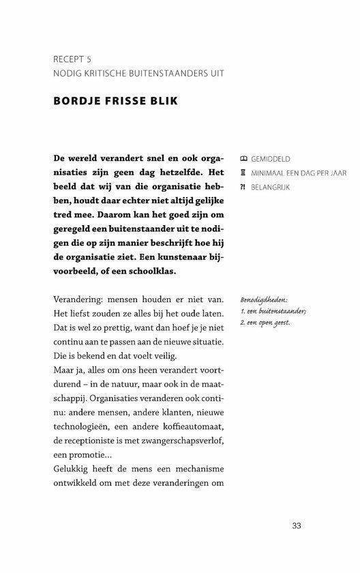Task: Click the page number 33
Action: point(296,525)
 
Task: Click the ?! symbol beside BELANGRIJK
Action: point(243,186)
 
